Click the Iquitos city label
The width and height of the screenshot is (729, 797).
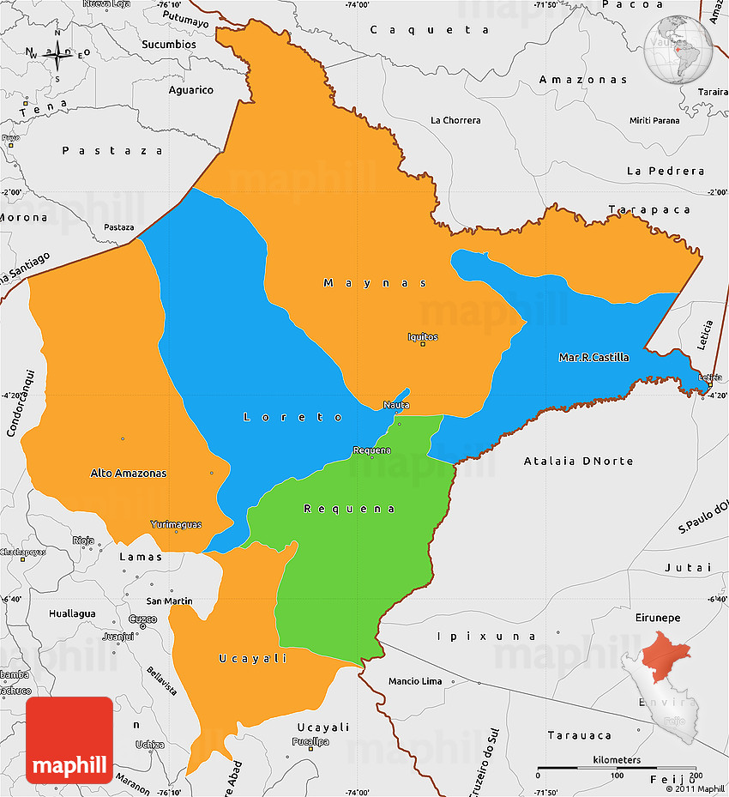423,337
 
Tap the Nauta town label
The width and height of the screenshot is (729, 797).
396,405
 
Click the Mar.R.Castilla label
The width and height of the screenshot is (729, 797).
593,357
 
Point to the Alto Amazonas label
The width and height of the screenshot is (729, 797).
129,473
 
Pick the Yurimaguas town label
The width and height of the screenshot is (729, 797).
176,524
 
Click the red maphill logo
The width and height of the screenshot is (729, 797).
69,740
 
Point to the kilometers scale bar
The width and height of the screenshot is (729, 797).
616,769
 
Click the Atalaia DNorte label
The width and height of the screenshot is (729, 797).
578,461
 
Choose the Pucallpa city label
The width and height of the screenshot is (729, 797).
310,741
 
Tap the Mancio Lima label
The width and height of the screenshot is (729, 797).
415,681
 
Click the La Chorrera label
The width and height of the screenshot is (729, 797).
455,120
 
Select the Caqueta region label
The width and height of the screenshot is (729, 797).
430,29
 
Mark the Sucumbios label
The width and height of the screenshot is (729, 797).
169,44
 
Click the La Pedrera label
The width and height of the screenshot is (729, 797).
666,171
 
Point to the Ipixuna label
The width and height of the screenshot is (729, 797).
486,636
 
